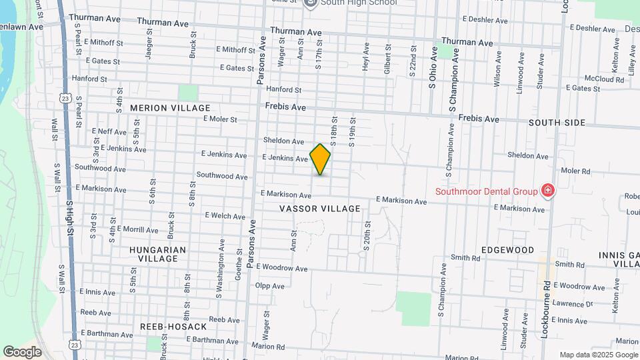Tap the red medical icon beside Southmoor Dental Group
coord(548,191)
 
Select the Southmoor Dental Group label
coord(486,192)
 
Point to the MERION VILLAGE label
coord(170,108)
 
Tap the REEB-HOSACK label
coord(173,327)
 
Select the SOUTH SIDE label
coord(557,123)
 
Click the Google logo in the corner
coord(22,351)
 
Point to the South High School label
coord(358,3)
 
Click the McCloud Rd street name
coord(605,79)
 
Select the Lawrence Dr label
coord(572,304)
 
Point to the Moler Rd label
coord(577,171)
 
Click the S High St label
coord(69,218)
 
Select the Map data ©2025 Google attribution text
coord(598,355)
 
